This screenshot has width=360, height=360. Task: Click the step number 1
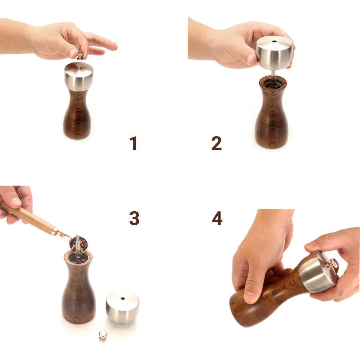[x=133, y=143]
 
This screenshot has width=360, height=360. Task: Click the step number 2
[x=216, y=143]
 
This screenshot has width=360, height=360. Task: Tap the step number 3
[x=134, y=218]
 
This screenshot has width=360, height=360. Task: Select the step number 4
[x=217, y=218]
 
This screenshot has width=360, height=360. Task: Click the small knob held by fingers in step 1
[x=80, y=56]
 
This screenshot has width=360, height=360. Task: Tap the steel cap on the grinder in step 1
[x=79, y=76]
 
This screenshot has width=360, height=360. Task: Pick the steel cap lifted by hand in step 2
[x=274, y=53]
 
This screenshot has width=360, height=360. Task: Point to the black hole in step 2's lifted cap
[x=274, y=42]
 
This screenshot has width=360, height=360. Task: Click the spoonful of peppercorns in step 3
[x=79, y=245]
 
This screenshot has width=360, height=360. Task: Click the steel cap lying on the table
[x=122, y=307]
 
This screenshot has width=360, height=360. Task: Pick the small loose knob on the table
[x=103, y=335]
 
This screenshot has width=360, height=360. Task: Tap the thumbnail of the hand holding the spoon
[x=15, y=201]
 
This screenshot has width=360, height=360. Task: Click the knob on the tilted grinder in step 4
[x=332, y=264]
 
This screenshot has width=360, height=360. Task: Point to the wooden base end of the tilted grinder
[x=240, y=310]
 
